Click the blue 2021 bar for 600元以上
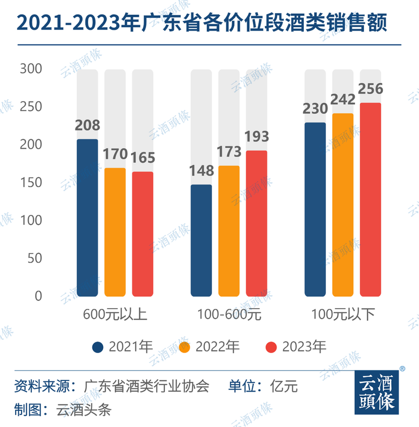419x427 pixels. tap(87, 217)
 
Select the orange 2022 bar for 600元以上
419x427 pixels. tap(115, 232)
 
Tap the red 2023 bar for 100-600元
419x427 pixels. tap(257, 223)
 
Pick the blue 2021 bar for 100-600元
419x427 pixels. tap(201, 240)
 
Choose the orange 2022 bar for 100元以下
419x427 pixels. tap(343, 204)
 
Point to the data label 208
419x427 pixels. tap(87, 126)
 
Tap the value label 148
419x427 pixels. tap(201, 171)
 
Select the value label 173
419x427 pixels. tap(229, 152)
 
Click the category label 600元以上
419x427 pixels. tap(115, 315)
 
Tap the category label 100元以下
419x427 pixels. tap(343, 315)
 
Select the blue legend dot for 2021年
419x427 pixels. tap(97, 347)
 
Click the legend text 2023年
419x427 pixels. tap(304, 347)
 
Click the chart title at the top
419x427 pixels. tap(202, 24)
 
